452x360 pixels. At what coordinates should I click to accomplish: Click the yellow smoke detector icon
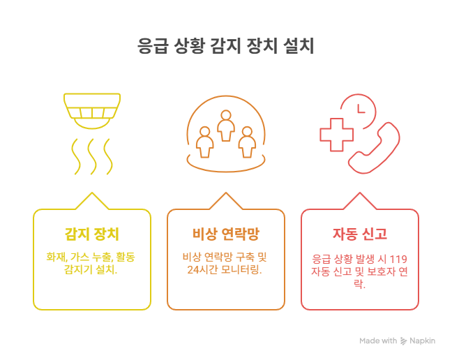coord(92,110)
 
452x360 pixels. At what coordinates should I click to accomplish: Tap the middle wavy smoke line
coord(92,156)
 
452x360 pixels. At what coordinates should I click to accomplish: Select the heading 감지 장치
coord(92,233)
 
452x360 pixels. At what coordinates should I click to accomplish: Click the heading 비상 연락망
coord(225,233)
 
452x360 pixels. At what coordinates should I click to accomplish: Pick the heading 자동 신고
coord(359,233)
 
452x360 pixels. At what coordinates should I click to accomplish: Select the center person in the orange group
coord(225,126)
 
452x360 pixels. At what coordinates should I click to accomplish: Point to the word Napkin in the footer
coord(422,340)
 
